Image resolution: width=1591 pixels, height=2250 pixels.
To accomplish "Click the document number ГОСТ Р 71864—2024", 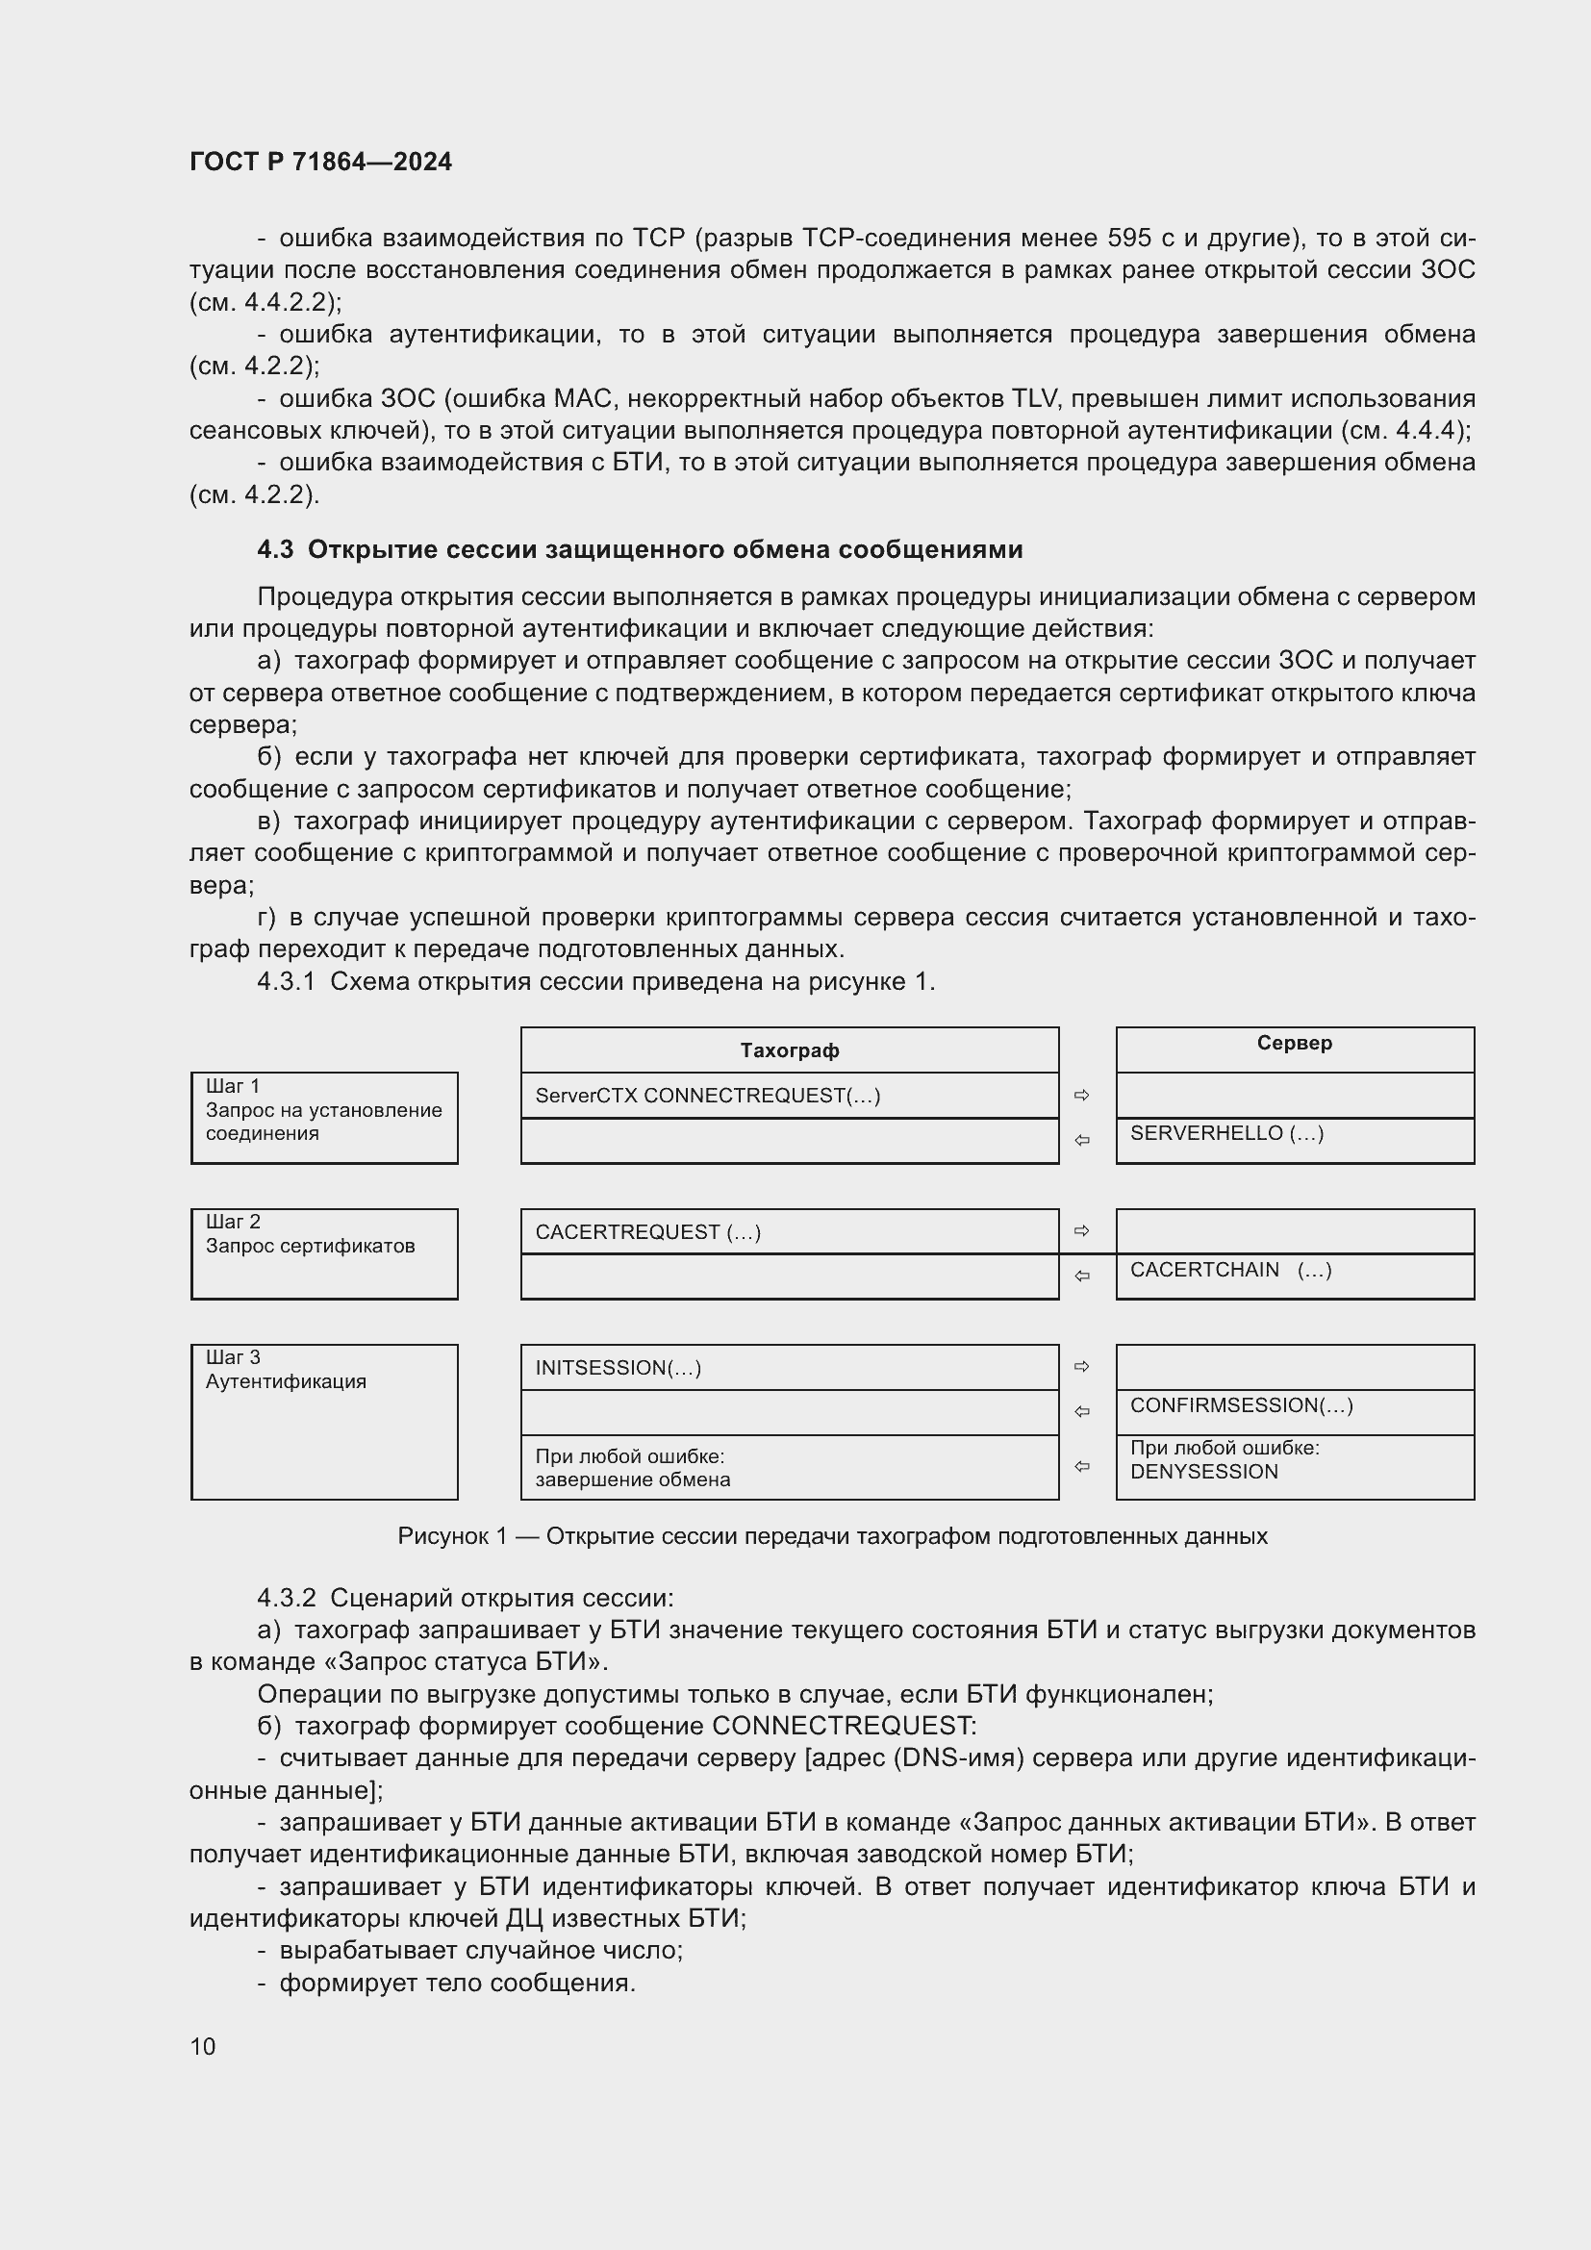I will click(320, 163).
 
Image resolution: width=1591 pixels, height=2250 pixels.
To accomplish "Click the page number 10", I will click(203, 2046).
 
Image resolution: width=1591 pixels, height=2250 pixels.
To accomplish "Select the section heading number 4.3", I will click(275, 550).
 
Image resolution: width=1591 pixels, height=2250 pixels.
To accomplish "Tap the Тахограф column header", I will click(790, 1050).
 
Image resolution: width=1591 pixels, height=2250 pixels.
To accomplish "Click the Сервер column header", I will click(1294, 1044).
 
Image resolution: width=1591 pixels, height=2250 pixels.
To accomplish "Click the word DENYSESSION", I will click(1204, 1472).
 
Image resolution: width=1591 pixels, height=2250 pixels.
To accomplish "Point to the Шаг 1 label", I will click(232, 1086).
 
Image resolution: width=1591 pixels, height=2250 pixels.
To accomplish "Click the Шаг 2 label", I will click(232, 1222).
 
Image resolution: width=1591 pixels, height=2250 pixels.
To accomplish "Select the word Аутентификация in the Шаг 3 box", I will click(286, 1381).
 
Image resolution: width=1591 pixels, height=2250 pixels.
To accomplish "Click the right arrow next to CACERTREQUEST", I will click(1081, 1231).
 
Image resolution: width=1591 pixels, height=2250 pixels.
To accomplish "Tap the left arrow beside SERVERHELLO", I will click(1081, 1141).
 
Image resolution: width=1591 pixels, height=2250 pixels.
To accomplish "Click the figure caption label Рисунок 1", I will click(452, 1536).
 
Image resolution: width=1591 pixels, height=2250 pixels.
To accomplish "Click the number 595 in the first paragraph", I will click(1128, 239).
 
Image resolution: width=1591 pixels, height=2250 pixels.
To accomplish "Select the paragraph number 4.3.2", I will click(286, 1599).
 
